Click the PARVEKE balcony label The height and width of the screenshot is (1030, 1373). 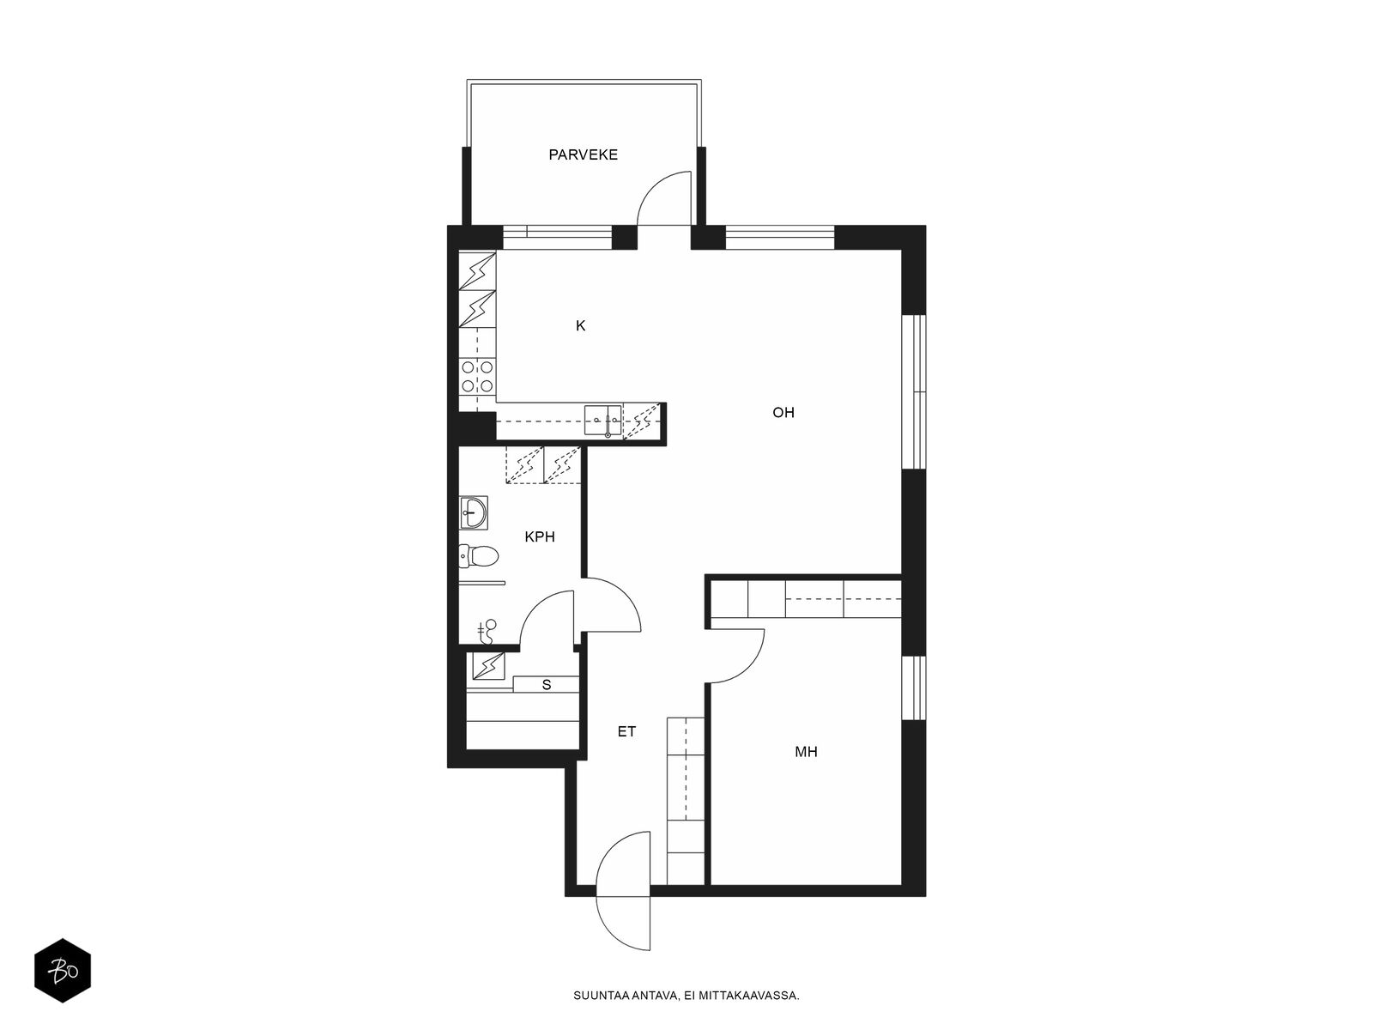tap(583, 154)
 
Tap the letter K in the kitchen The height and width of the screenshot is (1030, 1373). tap(580, 326)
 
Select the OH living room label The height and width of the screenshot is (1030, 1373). tap(783, 413)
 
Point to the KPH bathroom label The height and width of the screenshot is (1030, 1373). tap(540, 536)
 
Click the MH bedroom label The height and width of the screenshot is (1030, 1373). tap(807, 752)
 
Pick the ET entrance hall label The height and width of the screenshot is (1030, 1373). tap(626, 731)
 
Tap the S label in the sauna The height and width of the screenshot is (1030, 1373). tap(547, 686)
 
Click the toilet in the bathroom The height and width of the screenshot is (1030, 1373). tap(479, 555)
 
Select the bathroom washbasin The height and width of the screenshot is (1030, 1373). tap(474, 512)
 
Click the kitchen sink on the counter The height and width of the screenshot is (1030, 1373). tap(603, 420)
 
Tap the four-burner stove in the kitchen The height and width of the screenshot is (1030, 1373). tap(477, 377)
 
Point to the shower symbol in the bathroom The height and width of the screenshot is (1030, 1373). tap(487, 632)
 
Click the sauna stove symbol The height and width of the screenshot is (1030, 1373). tap(488, 666)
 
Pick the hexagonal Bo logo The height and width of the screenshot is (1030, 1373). tap(63, 972)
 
